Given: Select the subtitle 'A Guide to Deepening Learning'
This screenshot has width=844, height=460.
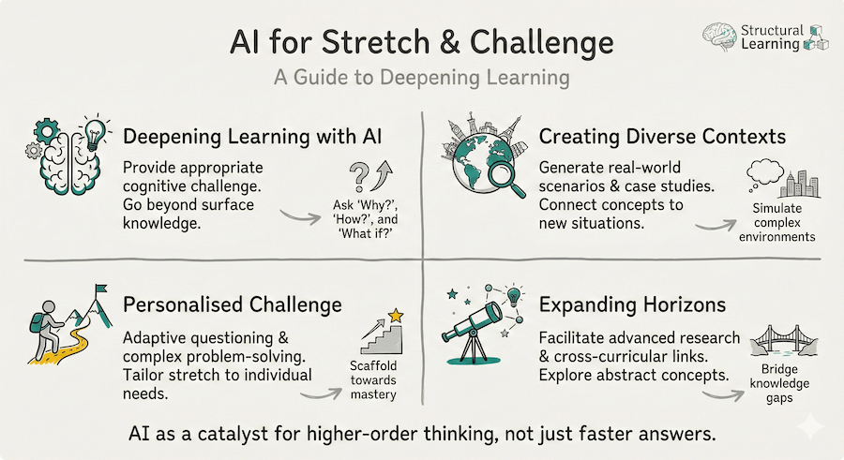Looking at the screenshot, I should (x=421, y=79).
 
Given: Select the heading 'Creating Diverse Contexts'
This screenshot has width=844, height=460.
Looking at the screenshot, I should (x=661, y=137).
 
